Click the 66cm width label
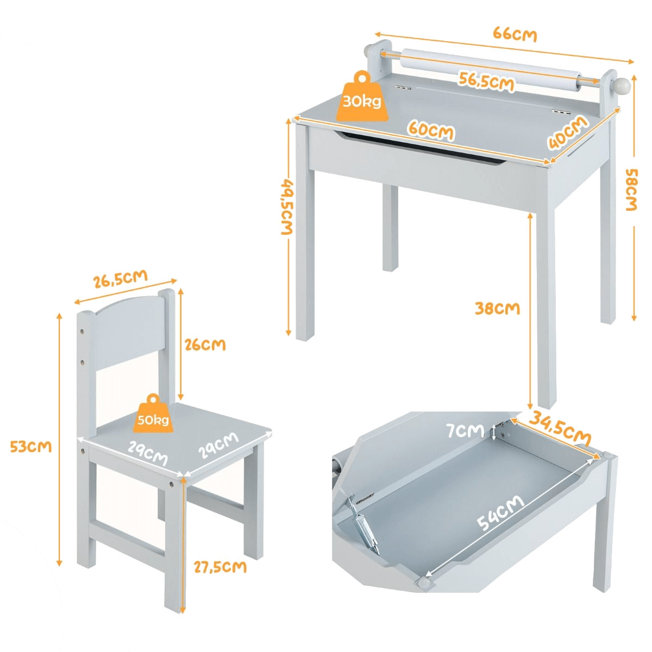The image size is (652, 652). (515, 35)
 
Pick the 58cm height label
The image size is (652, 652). (631, 190)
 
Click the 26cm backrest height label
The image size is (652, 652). (205, 345)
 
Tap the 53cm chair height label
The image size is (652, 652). (31, 447)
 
